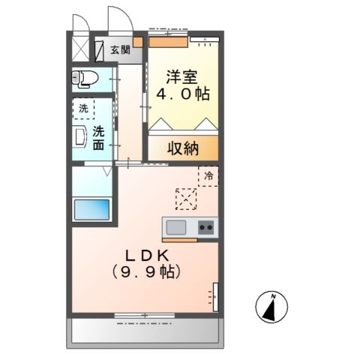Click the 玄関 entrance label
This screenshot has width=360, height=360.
(120, 51)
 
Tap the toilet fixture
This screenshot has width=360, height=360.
(84, 78)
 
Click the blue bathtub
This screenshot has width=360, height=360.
(91, 209)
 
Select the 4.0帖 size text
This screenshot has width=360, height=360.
(182, 95)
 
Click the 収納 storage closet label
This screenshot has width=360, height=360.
(182, 148)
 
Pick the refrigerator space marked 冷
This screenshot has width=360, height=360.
(208, 176)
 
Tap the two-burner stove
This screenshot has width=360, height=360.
(205, 226)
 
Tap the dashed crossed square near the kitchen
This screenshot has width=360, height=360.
(185, 199)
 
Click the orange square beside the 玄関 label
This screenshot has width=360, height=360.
(138, 42)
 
